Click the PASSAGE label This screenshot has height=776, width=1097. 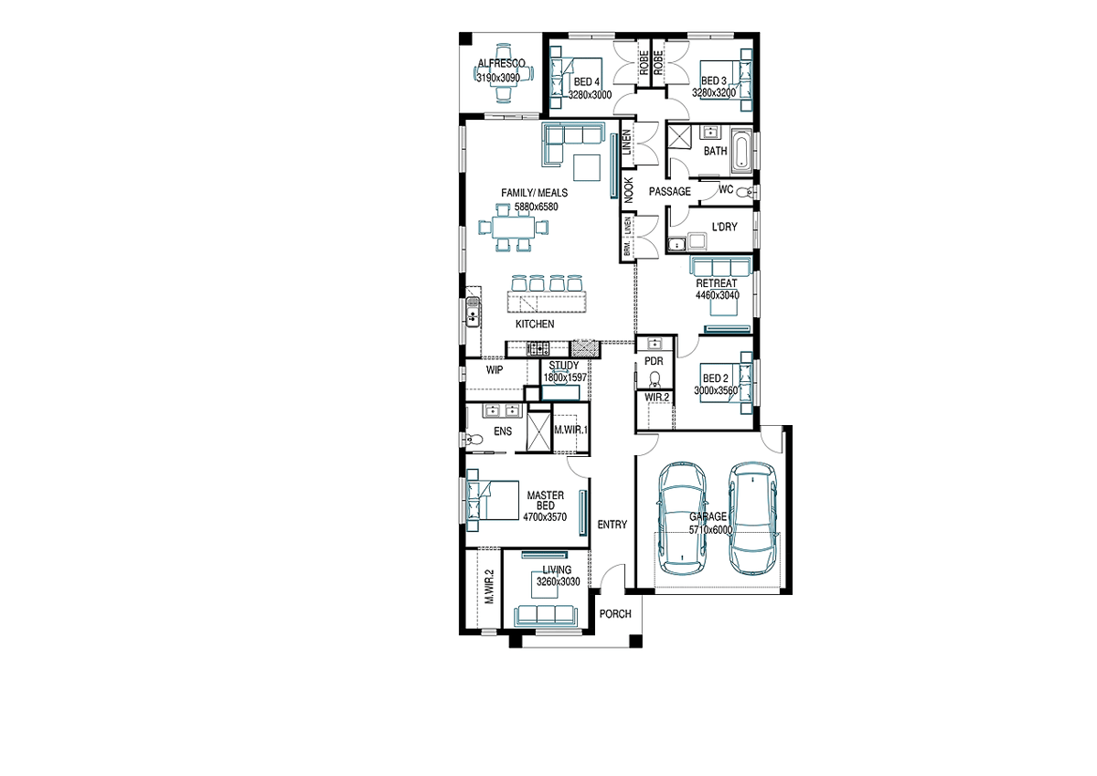click(x=669, y=191)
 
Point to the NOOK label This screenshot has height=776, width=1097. click(x=629, y=190)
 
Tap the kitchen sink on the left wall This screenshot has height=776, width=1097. click(x=130, y=312)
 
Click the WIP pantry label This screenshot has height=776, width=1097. click(x=495, y=370)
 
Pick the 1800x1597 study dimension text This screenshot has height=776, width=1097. click(x=565, y=377)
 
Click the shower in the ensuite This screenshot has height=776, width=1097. click(x=538, y=431)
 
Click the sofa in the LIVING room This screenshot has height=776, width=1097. click(x=546, y=616)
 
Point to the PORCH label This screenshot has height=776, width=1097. click(x=615, y=614)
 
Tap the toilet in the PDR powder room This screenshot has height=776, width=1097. click(x=654, y=379)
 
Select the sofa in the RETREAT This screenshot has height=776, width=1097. click(x=720, y=267)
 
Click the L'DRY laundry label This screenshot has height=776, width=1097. click(x=724, y=227)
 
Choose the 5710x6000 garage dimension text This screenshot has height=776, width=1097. click(x=710, y=530)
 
